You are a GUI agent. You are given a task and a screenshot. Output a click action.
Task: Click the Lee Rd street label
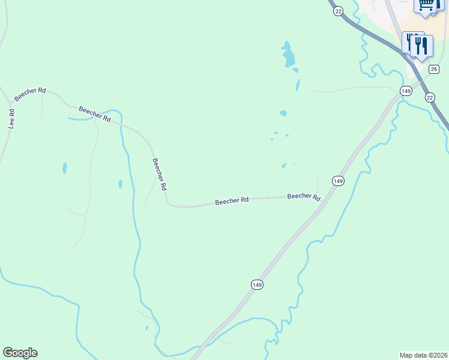pyautogui.click(x=11, y=119)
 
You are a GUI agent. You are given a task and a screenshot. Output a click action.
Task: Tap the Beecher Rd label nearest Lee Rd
pyautogui.click(x=31, y=95)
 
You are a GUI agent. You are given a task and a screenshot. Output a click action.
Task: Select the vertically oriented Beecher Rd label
pyautogui.click(x=159, y=174)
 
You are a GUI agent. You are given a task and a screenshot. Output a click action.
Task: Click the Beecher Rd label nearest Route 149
pyautogui.click(x=303, y=197)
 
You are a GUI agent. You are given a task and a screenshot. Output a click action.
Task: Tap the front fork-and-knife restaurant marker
pyautogui.click(x=422, y=46)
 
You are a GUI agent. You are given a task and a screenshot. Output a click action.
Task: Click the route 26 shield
pyautogui.click(x=434, y=69)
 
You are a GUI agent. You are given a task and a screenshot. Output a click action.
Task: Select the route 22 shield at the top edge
pyautogui.click(x=339, y=11)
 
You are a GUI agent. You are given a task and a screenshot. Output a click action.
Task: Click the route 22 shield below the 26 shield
pyautogui.click(x=429, y=97)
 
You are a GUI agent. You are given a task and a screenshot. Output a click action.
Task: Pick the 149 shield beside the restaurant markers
pyautogui.click(x=406, y=91)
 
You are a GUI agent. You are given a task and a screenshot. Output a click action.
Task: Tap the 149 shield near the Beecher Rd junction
pyautogui.click(x=337, y=181)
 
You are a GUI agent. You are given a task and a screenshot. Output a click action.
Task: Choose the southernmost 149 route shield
pyautogui.click(x=257, y=284)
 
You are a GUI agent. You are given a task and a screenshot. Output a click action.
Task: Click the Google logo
pyautogui.click(x=20, y=353)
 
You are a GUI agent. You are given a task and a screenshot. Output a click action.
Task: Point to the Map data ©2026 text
pyautogui.click(x=423, y=355)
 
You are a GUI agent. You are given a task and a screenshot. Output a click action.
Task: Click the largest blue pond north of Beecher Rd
pyautogui.click(x=289, y=56)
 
